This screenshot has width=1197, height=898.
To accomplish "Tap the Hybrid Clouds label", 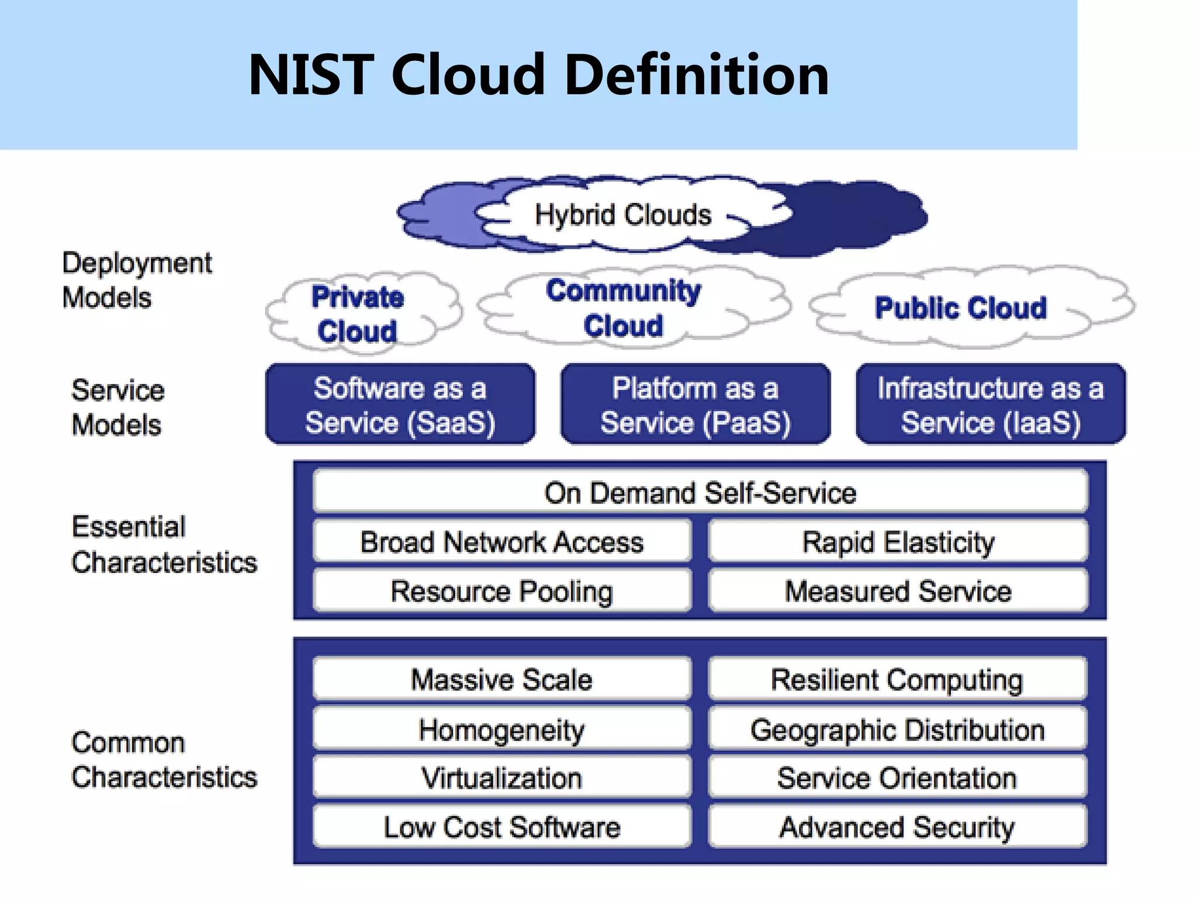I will click(x=623, y=215).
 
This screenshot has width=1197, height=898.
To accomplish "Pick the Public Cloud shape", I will click(x=960, y=308).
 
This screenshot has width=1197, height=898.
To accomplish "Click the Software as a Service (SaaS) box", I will click(x=400, y=405).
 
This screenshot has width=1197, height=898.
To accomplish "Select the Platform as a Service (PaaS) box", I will click(x=696, y=405).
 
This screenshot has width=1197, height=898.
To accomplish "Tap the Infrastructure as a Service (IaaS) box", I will click(x=991, y=405).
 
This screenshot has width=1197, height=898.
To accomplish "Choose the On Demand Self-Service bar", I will click(x=700, y=492).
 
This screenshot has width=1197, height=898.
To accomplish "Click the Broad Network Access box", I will click(x=502, y=542).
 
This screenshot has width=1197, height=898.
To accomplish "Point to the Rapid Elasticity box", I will click(x=898, y=542).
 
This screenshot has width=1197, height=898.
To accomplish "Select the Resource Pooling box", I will click(x=502, y=591).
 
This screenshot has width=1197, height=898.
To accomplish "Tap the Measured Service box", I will click(x=898, y=591).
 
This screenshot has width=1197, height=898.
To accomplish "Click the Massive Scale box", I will click(x=502, y=679).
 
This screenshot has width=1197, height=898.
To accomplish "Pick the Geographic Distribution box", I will click(x=898, y=730).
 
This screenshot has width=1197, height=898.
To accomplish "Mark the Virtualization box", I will click(x=502, y=778).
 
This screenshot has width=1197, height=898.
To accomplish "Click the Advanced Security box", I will click(x=898, y=827).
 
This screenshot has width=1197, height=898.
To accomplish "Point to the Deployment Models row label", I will click(x=137, y=280).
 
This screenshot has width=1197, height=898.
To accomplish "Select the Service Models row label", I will click(x=117, y=407).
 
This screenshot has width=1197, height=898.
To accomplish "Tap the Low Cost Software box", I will click(x=502, y=827).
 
